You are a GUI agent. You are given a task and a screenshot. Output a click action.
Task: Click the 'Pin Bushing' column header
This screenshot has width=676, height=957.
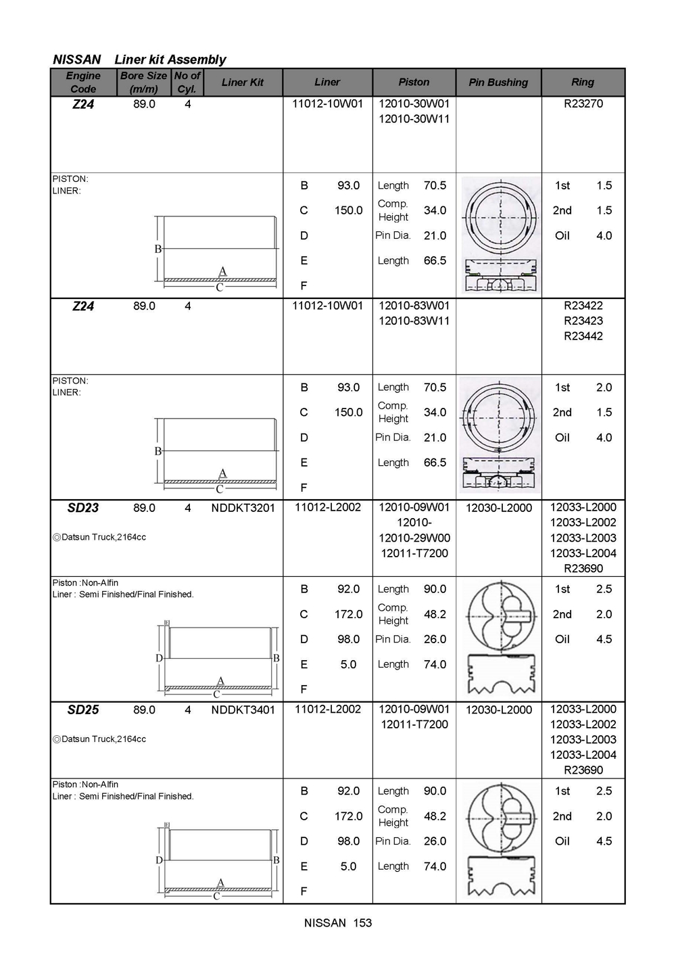498,83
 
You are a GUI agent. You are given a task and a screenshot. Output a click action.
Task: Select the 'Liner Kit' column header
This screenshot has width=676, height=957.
243,83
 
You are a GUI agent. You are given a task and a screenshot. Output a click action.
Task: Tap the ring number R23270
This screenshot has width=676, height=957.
583,104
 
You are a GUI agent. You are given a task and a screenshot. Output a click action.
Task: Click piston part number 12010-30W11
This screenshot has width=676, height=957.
414,119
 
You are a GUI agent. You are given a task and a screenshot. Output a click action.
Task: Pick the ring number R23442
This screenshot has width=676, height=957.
583,336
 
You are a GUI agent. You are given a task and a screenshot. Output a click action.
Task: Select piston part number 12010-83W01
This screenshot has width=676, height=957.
414,306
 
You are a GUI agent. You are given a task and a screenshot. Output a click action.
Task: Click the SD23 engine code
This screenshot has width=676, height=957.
83,508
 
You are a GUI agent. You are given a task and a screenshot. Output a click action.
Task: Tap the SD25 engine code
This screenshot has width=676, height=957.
83,709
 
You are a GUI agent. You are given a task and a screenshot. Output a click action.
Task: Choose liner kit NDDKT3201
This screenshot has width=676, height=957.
243,508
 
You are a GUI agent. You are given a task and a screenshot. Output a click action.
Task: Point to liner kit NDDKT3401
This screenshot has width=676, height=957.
243,710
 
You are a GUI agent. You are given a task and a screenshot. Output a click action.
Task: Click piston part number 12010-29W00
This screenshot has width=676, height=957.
414,538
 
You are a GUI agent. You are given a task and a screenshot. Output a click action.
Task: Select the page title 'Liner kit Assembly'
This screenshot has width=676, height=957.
170,60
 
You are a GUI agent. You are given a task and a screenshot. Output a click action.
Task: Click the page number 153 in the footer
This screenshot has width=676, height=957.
362,923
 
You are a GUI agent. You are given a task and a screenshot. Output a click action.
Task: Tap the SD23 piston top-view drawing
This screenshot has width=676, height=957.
500,614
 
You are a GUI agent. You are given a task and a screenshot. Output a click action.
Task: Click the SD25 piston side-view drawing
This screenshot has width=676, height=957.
500,877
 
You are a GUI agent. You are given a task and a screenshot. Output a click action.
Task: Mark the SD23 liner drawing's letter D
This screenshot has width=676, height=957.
160,658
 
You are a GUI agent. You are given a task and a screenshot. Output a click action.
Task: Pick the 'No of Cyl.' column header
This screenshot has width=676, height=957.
187,83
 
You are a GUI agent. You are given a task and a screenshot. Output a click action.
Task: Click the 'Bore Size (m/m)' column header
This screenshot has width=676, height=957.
143,83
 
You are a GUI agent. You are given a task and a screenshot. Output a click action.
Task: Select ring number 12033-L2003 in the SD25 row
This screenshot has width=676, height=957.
583,740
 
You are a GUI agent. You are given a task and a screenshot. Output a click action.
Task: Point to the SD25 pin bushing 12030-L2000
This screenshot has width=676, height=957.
499,710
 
